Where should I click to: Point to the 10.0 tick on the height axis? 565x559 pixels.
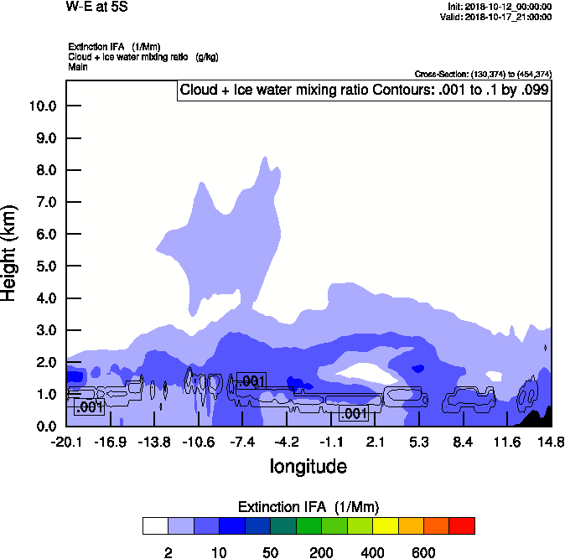click(43, 106)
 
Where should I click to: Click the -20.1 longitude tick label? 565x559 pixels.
click(66, 442)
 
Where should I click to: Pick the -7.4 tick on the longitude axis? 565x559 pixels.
click(242, 442)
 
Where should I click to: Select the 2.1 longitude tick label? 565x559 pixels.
click(375, 442)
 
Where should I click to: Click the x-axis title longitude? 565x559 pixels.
click(308, 466)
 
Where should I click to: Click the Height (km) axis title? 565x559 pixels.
click(11, 252)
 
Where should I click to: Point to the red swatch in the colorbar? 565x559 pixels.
click(462, 526)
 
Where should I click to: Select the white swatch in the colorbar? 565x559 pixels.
click(155, 526)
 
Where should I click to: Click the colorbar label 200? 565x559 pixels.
click(321, 552)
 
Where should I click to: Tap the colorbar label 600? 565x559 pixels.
click(423, 552)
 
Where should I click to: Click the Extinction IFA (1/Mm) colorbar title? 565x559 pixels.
click(308, 507)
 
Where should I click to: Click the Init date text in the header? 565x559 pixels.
click(500, 7)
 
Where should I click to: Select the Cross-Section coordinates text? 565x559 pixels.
click(483, 75)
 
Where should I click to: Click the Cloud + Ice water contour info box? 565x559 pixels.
click(364, 90)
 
